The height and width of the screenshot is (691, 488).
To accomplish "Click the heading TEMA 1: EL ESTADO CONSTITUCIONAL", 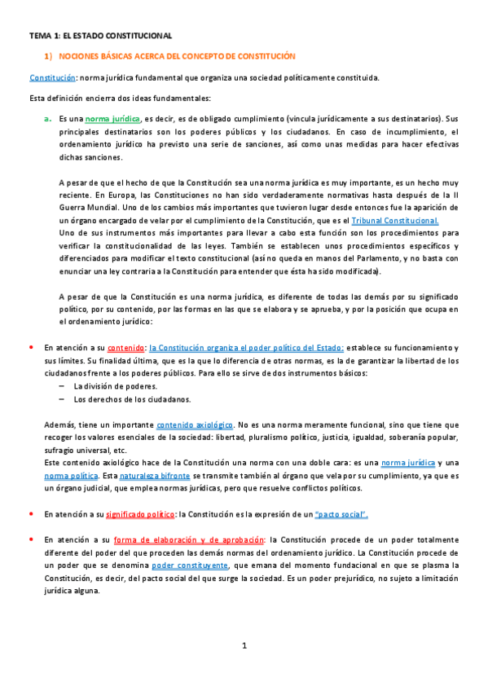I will pyautogui.click(x=100, y=37).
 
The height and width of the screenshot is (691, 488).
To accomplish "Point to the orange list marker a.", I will pyautogui.click(x=48, y=119).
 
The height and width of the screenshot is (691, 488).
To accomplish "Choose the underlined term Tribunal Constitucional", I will pyautogui.click(x=395, y=220).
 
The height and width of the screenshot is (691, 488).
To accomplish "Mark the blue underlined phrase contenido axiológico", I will pyautogui.click(x=195, y=425).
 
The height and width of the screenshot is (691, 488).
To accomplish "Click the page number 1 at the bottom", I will pyautogui.click(x=244, y=646).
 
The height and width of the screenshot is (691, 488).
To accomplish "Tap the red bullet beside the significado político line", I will pyautogui.click(x=30, y=513).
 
